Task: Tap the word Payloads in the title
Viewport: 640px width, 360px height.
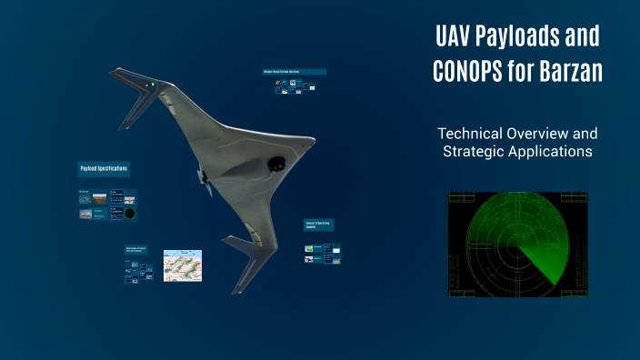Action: click(x=521, y=37)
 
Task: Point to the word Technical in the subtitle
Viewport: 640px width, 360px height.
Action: click(x=471, y=133)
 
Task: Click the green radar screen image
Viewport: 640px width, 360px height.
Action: click(x=518, y=244)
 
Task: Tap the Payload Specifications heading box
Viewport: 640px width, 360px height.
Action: click(x=103, y=169)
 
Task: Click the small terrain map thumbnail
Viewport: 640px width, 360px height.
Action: click(x=182, y=265)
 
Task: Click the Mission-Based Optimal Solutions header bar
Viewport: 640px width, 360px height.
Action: click(x=293, y=72)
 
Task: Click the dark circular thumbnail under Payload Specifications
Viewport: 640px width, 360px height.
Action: click(x=131, y=213)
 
